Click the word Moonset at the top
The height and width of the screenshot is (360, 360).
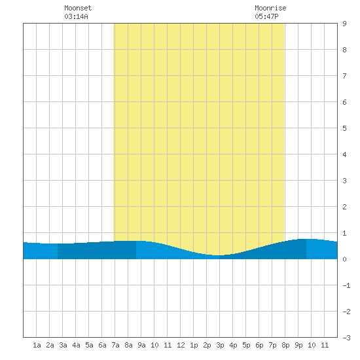78,8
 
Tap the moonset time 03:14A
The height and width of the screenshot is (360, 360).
76,16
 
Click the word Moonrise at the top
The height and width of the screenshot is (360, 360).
270,8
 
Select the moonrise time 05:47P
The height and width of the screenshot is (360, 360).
266,16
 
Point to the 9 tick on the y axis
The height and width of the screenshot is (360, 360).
344,24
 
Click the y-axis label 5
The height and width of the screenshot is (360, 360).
344,128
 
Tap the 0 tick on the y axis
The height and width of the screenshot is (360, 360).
344,259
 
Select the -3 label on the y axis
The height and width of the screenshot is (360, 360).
347,338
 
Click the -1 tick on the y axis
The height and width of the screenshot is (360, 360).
347,285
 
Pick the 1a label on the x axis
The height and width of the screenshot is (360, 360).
37,345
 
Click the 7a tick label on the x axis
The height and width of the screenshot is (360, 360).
115,345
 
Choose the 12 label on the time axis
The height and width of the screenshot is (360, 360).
181,345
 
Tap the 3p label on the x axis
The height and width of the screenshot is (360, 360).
220,345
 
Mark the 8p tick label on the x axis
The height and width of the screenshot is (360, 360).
285,345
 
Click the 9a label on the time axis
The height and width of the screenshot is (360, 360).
141,345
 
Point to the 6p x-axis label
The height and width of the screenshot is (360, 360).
259,345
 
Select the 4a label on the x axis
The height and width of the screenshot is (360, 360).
76,345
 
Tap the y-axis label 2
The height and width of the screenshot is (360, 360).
344,207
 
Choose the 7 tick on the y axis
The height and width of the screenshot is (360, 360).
344,76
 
